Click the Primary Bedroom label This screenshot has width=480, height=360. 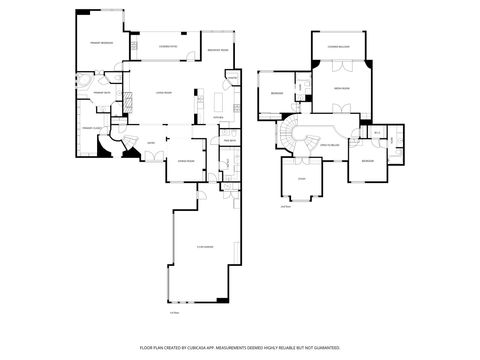[99, 43]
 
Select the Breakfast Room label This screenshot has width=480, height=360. [218, 50]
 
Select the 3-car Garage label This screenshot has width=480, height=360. [205, 247]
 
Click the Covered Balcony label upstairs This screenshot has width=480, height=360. [338, 46]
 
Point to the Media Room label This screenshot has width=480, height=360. [340, 88]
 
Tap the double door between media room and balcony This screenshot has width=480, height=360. [340, 65]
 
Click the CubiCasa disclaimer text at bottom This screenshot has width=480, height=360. [240, 347]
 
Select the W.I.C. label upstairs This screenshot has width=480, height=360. [378, 131]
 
